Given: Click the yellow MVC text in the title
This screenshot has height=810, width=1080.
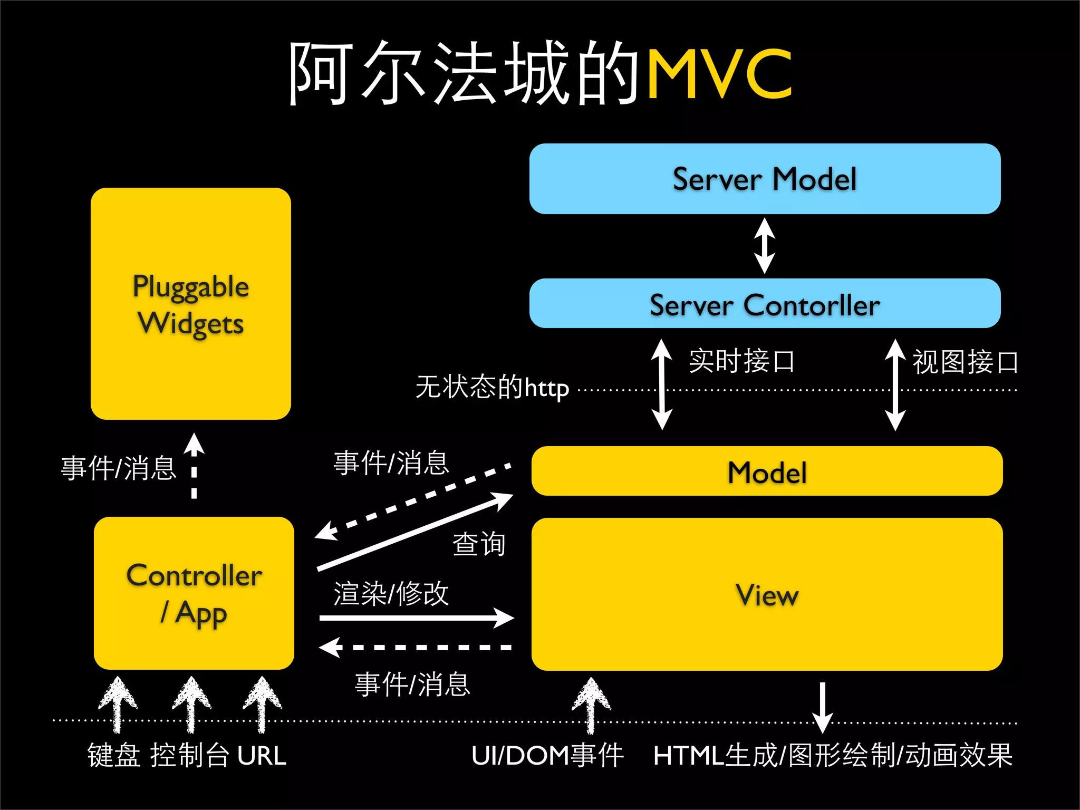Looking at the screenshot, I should (x=719, y=74).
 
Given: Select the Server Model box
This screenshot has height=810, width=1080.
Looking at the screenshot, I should (x=765, y=179).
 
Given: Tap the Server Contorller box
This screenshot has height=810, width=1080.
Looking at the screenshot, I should (x=765, y=304).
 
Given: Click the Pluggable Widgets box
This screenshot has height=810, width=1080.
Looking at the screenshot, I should (x=191, y=304).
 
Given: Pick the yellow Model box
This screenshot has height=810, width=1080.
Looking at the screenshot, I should (x=767, y=471).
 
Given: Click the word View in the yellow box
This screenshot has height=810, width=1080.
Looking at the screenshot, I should (x=767, y=595).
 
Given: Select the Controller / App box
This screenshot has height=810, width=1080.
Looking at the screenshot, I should (x=194, y=593).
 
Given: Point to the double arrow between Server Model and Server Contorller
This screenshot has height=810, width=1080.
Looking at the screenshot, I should (x=765, y=246).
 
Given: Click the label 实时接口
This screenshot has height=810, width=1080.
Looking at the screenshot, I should (x=741, y=361).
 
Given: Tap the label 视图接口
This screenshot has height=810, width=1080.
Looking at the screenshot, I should (x=965, y=362).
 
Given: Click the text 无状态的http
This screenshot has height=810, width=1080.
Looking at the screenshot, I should (x=492, y=387).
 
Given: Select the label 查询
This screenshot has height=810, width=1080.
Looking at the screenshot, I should (x=479, y=544).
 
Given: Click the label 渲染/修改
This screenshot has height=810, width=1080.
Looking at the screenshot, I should (x=391, y=594).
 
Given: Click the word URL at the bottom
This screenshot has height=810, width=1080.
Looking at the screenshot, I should (x=262, y=756).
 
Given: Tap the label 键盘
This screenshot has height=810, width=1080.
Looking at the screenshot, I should (x=114, y=756).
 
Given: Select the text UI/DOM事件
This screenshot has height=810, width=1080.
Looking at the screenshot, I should (x=547, y=756).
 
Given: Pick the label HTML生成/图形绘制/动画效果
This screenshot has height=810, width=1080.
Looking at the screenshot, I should (x=833, y=756).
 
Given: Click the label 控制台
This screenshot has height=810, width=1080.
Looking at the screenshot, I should (x=190, y=756).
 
